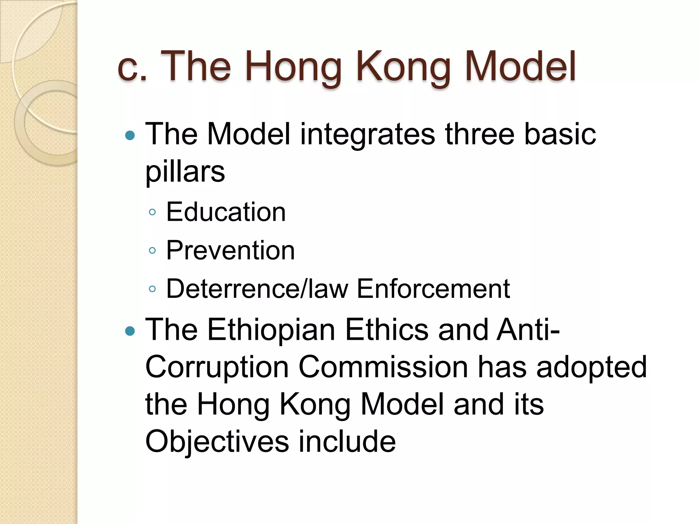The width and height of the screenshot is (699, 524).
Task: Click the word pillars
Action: pyautogui.click(x=185, y=172)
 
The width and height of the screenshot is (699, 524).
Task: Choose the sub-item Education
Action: pyautogui.click(x=226, y=212)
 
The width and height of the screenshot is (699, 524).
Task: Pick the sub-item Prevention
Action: pyautogui.click(x=230, y=250)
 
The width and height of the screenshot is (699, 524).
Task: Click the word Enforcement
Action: pyautogui.click(x=433, y=289)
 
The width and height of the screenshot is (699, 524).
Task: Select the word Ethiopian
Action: pyautogui.click(x=271, y=330)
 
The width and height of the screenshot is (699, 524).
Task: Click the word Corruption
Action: pyautogui.click(x=217, y=367)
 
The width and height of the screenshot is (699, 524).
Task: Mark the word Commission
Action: pyautogui.click(x=383, y=367)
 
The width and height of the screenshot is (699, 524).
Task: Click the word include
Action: pyautogui.click(x=347, y=442)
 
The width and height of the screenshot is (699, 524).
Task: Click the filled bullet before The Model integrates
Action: pyautogui.click(x=130, y=136)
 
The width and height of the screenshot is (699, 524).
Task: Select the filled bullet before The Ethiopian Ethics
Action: pyautogui.click(x=130, y=331)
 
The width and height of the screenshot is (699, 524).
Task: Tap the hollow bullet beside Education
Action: pyautogui.click(x=153, y=213)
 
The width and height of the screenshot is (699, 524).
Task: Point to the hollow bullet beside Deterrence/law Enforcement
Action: pyautogui.click(x=153, y=289)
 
